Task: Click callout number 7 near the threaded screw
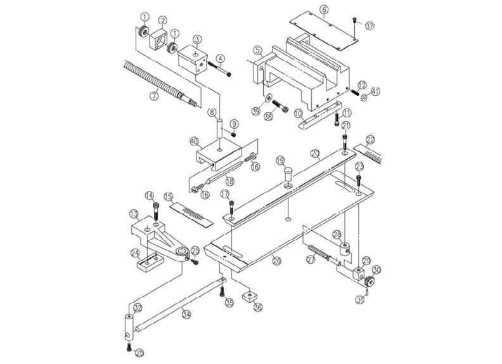click(x=153, y=96)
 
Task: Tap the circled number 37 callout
click(x=370, y=25)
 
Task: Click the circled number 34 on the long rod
click(x=185, y=313)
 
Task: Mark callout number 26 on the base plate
click(x=276, y=260)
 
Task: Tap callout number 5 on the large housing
click(x=258, y=50)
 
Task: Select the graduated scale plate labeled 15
click(x=193, y=210)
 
